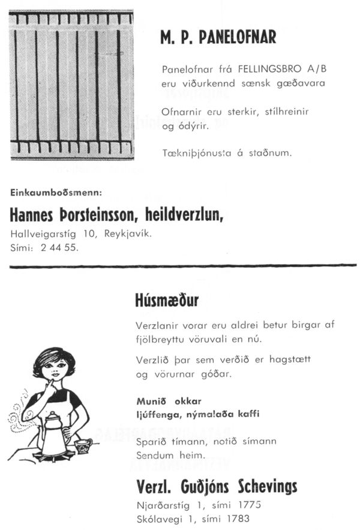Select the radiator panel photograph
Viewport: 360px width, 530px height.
(72, 85)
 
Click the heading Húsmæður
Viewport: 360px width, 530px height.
(167, 301)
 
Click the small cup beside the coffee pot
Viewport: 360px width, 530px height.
(83, 445)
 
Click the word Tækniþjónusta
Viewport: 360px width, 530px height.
(196, 153)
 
